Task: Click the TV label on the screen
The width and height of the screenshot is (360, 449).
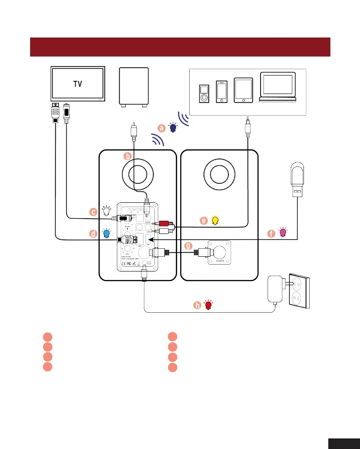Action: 77,83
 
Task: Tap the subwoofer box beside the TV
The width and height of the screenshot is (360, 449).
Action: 134,86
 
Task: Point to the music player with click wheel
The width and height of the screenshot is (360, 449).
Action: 204,94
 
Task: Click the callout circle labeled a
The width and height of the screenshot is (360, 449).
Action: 162,127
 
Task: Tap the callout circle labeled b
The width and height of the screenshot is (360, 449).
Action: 127,156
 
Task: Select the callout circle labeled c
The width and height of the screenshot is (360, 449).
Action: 93,212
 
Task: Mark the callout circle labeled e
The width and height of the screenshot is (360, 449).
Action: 204,221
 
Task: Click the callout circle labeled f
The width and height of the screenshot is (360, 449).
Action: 272,233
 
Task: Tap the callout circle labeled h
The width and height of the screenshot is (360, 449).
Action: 197,305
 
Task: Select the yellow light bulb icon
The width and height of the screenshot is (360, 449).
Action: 215,220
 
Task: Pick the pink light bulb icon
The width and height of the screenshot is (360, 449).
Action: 283,232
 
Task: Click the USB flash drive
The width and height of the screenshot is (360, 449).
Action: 297,182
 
